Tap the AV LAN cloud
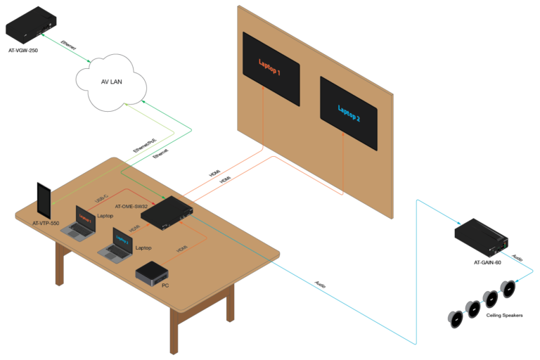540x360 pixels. coord(111,82)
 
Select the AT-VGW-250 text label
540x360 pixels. coord(23,51)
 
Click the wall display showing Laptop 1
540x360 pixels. coord(271,65)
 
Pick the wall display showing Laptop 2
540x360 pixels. coord(349,112)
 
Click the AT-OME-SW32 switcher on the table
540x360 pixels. coord(168,213)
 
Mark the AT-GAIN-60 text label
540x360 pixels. coord(487,262)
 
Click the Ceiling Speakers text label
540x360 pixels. coord(504,315)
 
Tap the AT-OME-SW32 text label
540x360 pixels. coord(131,207)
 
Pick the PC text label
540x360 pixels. coord(165,285)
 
